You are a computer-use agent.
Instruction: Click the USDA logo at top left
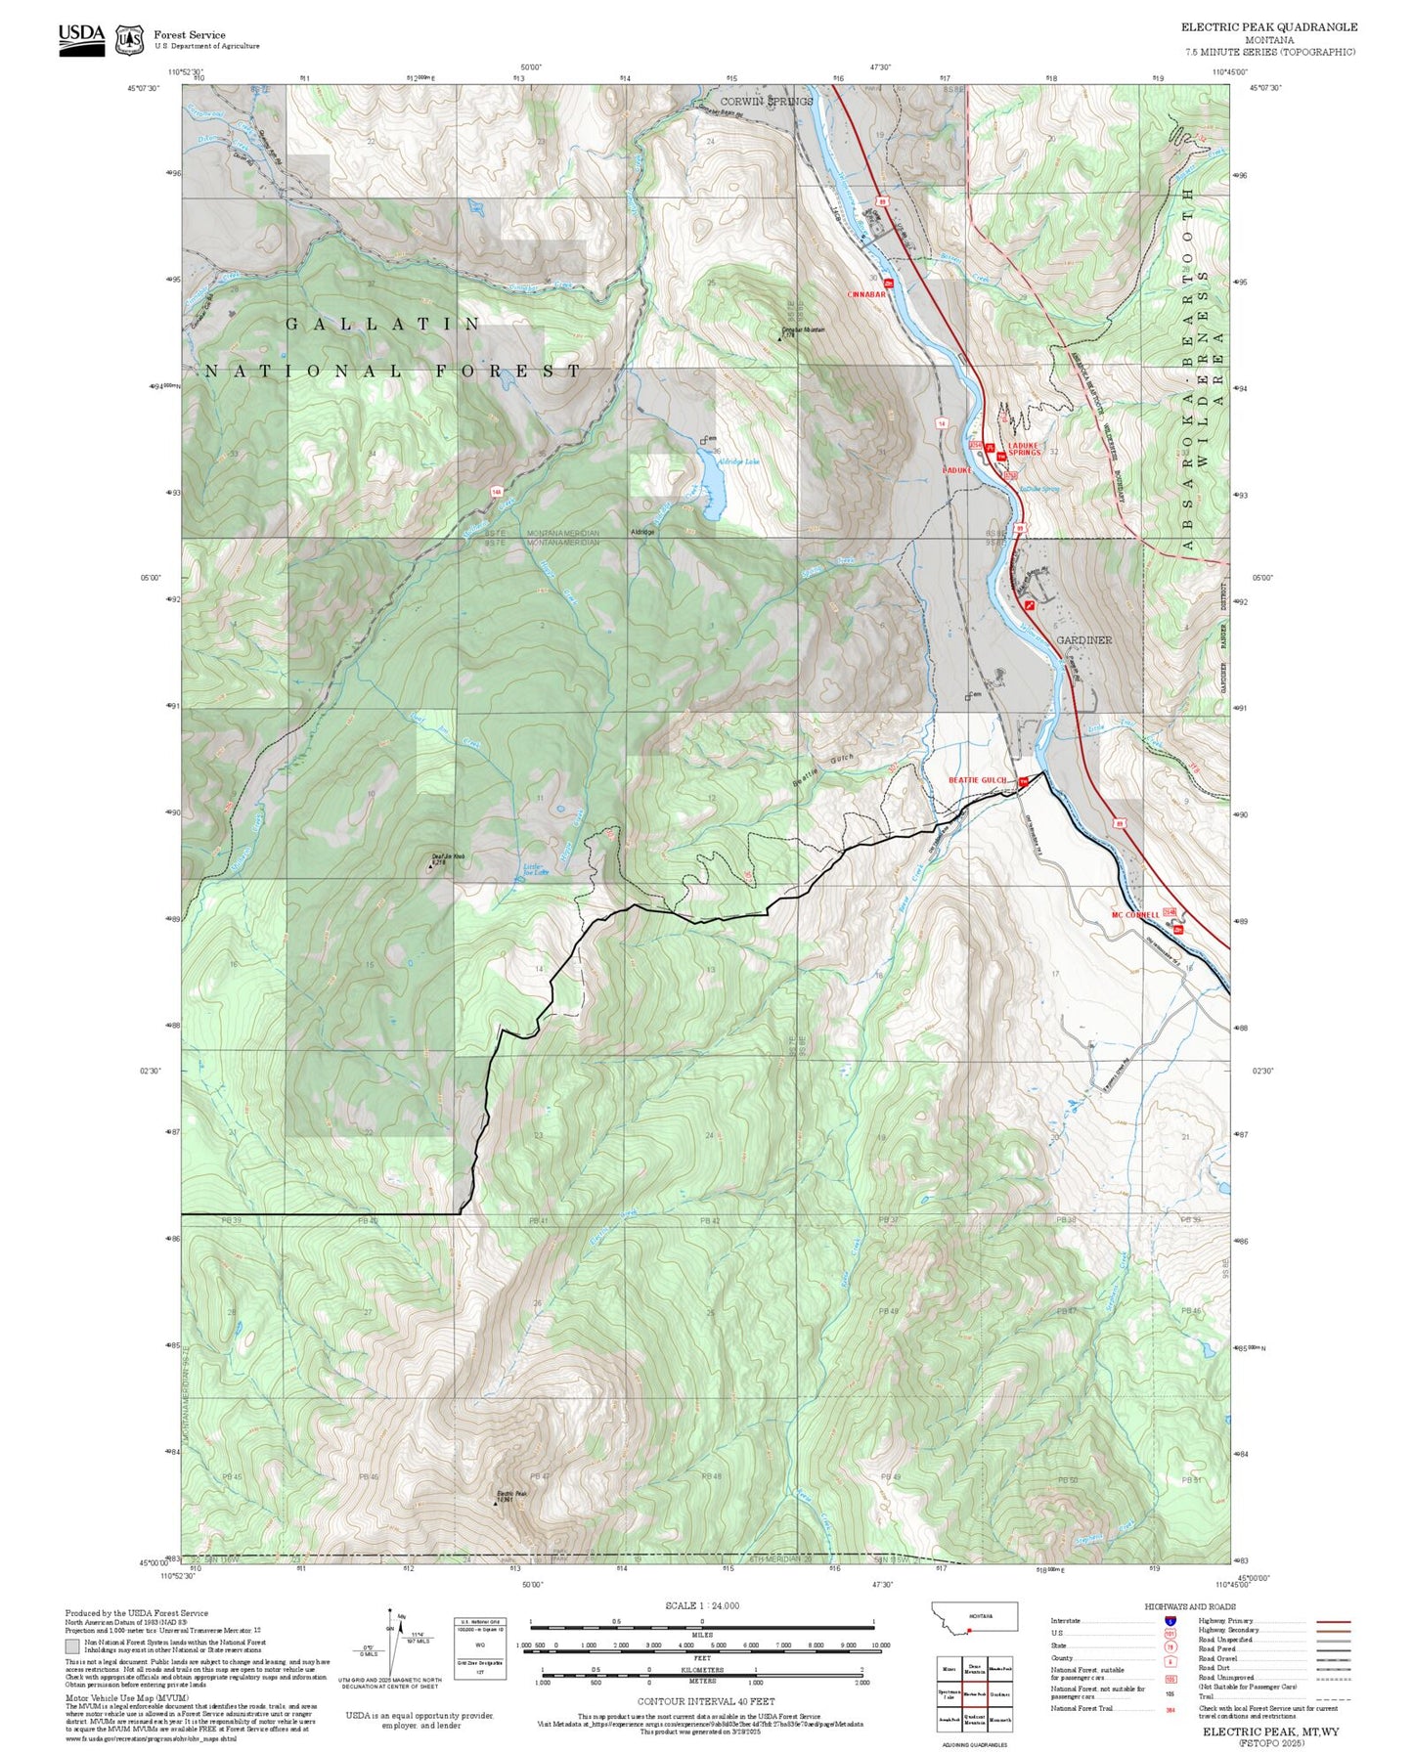tap(81, 38)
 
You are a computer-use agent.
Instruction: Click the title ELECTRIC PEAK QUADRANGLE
tap(1268, 26)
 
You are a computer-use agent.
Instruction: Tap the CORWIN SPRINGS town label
tap(766, 102)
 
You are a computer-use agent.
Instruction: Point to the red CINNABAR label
tap(865, 293)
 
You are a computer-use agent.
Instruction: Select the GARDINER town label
tap(1083, 639)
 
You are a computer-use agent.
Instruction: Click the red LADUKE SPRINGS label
tap(1024, 449)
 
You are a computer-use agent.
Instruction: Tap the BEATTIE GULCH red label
tap(977, 780)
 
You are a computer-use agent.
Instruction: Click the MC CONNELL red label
tap(1134, 915)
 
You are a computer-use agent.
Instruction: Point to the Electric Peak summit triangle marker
tap(496, 1503)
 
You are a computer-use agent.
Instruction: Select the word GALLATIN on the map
tap(383, 324)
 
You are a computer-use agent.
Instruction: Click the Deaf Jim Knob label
tap(448, 858)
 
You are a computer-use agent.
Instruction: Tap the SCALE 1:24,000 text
tap(701, 1605)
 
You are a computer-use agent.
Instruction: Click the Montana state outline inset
tap(974, 1616)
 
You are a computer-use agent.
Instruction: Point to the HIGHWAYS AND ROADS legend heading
tap(1189, 1606)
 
